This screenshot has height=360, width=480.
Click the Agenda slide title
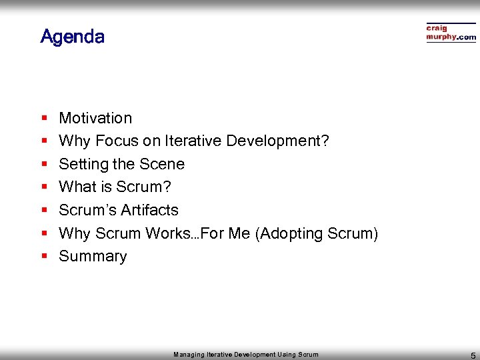tap(72, 36)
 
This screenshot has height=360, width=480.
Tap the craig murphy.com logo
tap(451, 33)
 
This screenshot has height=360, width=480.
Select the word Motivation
tap(95, 118)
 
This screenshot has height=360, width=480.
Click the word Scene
tap(163, 164)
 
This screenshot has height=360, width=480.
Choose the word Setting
tap(81, 164)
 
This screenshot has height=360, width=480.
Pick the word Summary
tap(93, 257)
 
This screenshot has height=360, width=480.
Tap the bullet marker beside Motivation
tap(44, 119)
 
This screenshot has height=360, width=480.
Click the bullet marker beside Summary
tap(44, 257)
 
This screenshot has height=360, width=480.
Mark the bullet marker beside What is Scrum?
tap(44, 187)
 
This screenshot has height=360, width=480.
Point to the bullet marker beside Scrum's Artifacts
tap(44, 211)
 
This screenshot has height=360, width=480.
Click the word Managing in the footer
tap(189, 355)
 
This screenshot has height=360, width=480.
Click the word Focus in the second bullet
tap(117, 141)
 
